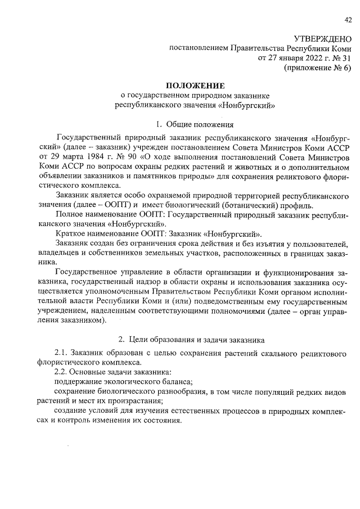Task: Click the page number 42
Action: [348, 21]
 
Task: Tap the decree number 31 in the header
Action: [347, 57]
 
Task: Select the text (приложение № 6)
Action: [318, 67]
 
